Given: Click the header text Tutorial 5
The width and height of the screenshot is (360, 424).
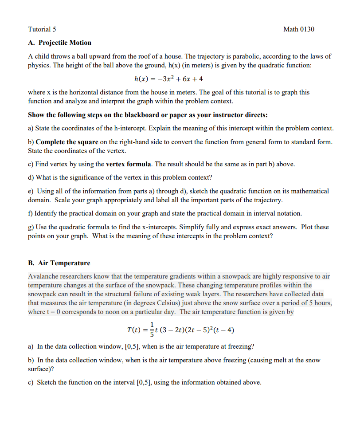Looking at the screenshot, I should tap(42, 29).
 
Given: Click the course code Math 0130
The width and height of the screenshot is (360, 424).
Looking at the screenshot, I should tap(299, 29).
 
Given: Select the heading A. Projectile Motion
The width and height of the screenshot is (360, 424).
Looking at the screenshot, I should tap(59, 43).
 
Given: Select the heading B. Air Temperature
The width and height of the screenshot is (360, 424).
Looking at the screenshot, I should tap(59, 263).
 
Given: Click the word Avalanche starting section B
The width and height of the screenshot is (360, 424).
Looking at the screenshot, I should tap(42, 276).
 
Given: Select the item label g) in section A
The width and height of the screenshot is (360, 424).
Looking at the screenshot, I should tap(31, 227).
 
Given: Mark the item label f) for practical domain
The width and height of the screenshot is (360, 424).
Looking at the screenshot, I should tap(31, 213).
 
